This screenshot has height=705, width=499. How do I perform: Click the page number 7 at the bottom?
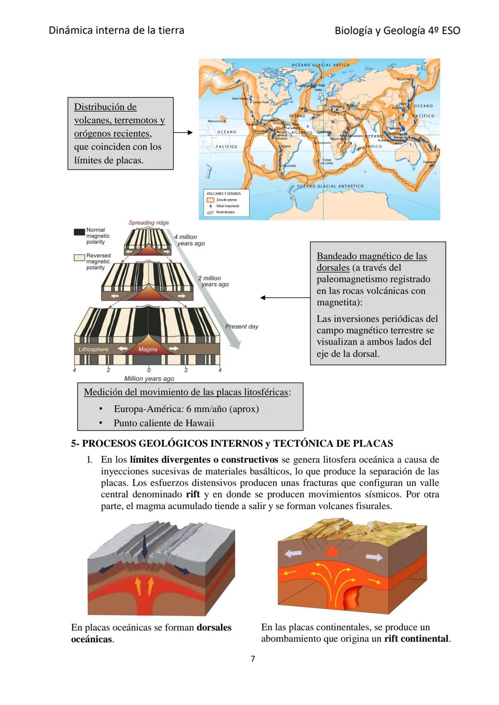[253, 658]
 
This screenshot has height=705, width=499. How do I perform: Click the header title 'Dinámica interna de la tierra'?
[116, 30]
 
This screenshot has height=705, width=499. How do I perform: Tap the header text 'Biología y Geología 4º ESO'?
[397, 30]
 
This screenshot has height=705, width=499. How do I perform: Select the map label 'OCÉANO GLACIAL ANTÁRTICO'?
[330, 186]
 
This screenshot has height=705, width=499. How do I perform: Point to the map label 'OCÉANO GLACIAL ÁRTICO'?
[321, 65]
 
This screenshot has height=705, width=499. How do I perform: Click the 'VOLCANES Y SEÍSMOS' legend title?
[224, 194]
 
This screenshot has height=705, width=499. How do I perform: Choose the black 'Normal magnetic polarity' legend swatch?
[79, 231]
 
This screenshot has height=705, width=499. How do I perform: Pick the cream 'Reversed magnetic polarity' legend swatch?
[79, 257]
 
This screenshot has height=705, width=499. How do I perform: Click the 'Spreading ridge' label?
[148, 223]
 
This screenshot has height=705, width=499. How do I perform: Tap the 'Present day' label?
[242, 327]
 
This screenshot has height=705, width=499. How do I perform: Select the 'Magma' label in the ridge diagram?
[148, 349]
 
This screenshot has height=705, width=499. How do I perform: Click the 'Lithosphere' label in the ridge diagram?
[93, 349]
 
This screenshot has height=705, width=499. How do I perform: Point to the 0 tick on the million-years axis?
[149, 370]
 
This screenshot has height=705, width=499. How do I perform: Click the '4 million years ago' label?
[189, 240]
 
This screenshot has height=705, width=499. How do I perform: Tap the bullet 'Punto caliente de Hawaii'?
[164, 423]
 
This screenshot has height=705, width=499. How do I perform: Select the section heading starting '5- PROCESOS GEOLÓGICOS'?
[232, 444]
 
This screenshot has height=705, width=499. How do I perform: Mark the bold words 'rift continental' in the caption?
[416, 638]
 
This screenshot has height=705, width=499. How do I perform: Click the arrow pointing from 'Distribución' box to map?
[183, 133]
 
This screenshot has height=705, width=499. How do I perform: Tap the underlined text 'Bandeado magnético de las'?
[371, 256]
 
